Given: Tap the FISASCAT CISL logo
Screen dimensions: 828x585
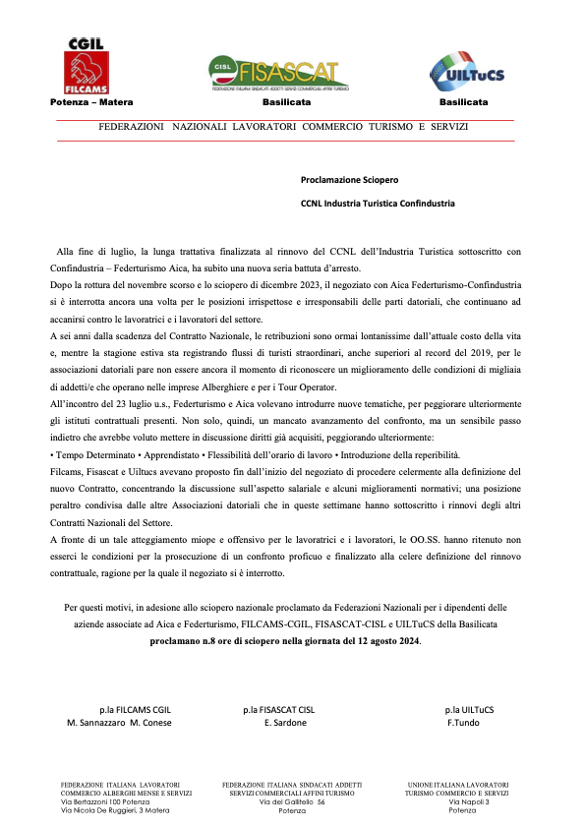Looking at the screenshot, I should pyautogui.click(x=278, y=74).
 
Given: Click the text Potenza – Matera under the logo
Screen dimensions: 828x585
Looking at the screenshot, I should pyautogui.click(x=91, y=102).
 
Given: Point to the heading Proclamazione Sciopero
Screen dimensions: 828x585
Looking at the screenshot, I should pyautogui.click(x=350, y=180).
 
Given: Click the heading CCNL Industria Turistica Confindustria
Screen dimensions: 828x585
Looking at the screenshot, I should pyautogui.click(x=378, y=204).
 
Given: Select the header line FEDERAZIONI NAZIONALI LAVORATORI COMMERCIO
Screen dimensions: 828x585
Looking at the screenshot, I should pyautogui.click(x=283, y=128).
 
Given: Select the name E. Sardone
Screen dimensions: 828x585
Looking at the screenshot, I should pyautogui.click(x=286, y=723).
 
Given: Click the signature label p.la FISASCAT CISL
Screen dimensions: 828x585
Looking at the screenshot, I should pyautogui.click(x=279, y=709).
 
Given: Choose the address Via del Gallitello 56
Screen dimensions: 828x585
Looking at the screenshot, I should pyautogui.click(x=292, y=801).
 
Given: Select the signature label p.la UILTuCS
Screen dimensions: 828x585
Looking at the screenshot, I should pyautogui.click(x=469, y=709).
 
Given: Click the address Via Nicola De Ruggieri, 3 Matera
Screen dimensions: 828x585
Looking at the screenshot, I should pyautogui.click(x=115, y=810).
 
